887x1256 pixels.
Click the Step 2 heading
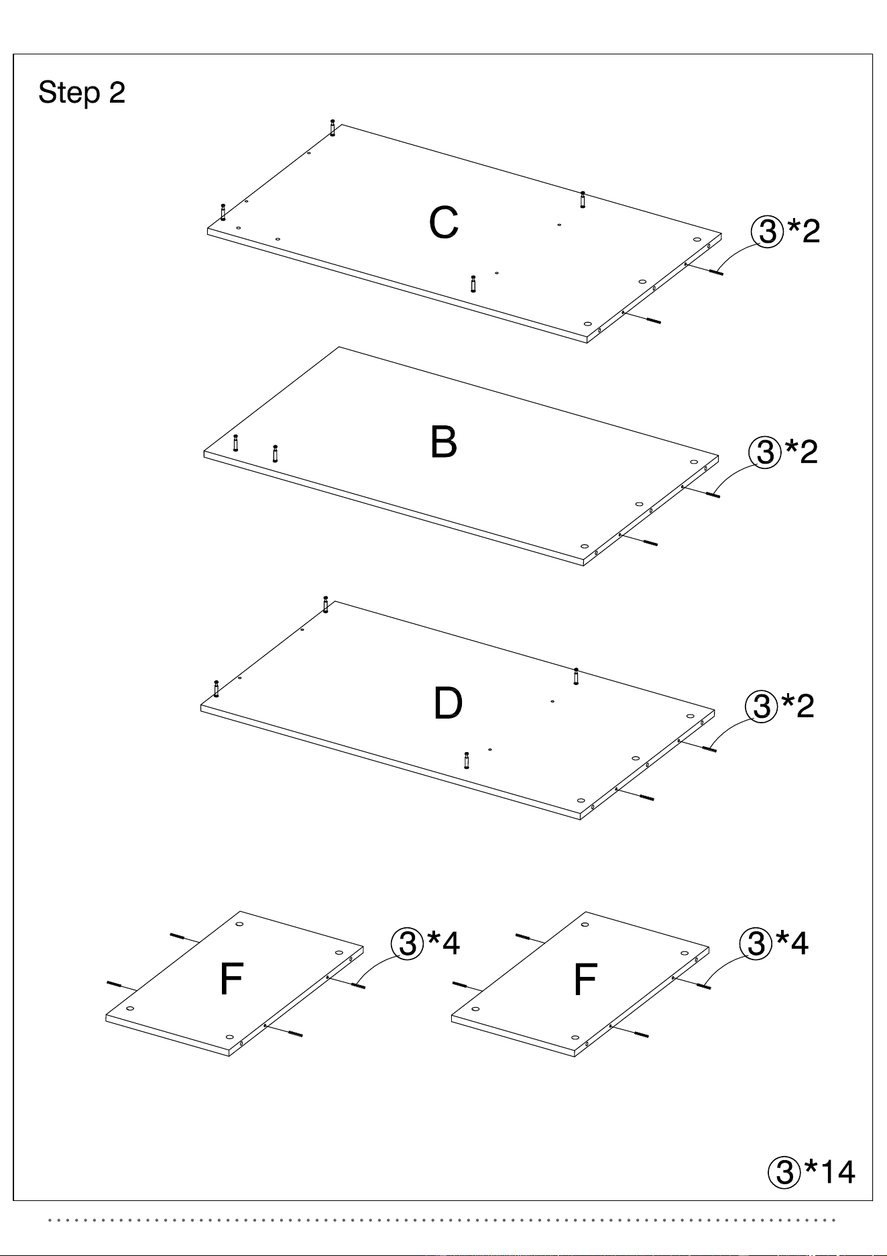click(x=82, y=93)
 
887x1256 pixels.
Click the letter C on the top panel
click(x=444, y=223)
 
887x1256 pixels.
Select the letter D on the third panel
click(x=448, y=703)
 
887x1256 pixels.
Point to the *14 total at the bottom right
click(x=830, y=1172)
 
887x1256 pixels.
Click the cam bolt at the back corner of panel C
click(x=333, y=127)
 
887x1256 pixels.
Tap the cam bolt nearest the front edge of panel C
click(x=473, y=284)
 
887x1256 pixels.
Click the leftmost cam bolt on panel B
click(x=235, y=443)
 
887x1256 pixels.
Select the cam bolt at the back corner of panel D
click(x=326, y=604)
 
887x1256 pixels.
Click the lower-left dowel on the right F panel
click(x=460, y=985)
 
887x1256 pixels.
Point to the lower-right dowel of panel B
click(x=650, y=542)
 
